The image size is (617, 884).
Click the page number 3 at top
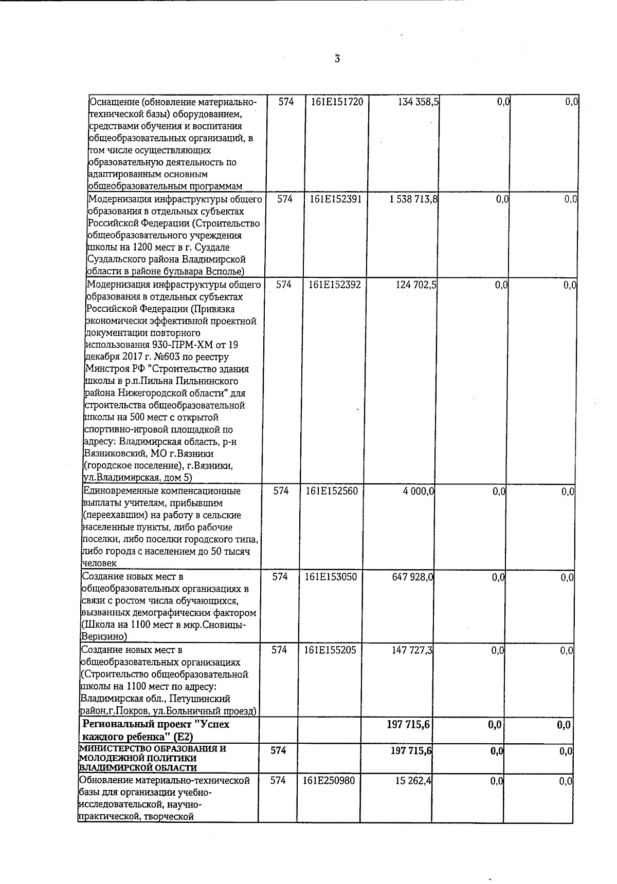[337, 59]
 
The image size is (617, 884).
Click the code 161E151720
[337, 102]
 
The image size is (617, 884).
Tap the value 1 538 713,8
[413, 199]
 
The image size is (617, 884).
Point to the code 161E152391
[336, 199]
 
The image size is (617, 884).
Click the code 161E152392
[335, 284]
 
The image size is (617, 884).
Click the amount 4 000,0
[419, 492]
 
